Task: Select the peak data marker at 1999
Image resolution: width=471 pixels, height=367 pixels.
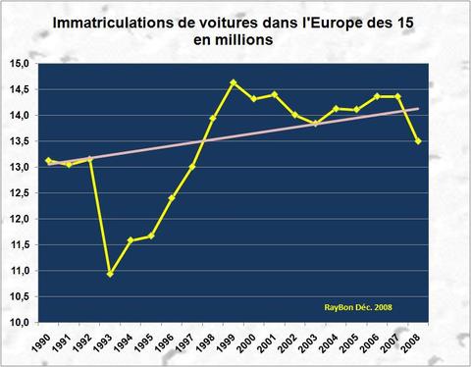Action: point(234,82)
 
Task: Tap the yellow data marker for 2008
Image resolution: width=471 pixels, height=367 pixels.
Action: point(420,141)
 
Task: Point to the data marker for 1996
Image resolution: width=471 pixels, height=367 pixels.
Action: point(172,197)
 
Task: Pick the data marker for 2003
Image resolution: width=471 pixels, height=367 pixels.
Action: point(316,124)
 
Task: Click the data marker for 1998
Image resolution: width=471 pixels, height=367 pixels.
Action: point(213,119)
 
